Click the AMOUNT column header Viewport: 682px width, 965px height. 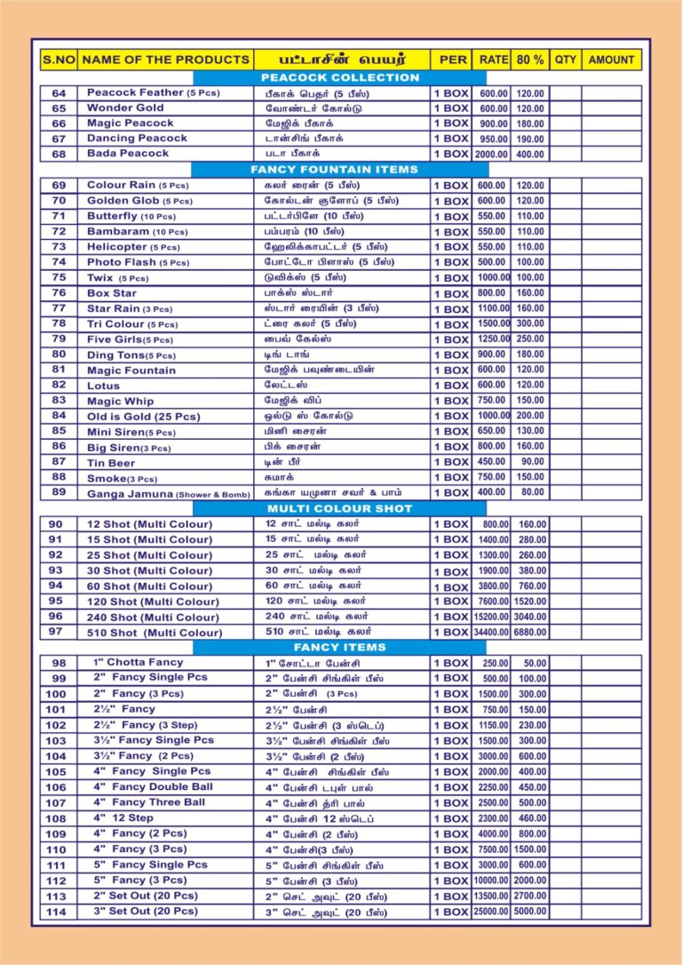pos(612,60)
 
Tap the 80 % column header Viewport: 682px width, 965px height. pos(530,60)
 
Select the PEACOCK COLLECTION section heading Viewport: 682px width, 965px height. pos(340,77)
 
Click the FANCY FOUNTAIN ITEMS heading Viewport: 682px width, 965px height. pos(334,169)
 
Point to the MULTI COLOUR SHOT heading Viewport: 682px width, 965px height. pos(340,508)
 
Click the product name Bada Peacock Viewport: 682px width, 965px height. pos(128,154)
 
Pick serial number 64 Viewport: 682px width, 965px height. pos(59,93)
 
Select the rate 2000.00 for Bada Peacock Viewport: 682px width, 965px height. pos(491,154)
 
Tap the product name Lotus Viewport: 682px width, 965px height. pos(103,386)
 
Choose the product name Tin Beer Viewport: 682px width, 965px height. pos(111,462)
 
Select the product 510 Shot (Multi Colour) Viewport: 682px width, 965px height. pos(155,633)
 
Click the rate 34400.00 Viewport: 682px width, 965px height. pos(491,633)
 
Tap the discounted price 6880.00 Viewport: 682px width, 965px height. pos(530,633)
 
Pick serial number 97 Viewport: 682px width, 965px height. pos(56,632)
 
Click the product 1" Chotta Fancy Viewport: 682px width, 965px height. pos(139,663)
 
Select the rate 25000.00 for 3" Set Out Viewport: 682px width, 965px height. pos(491,912)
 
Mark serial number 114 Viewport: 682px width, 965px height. pos(56,912)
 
